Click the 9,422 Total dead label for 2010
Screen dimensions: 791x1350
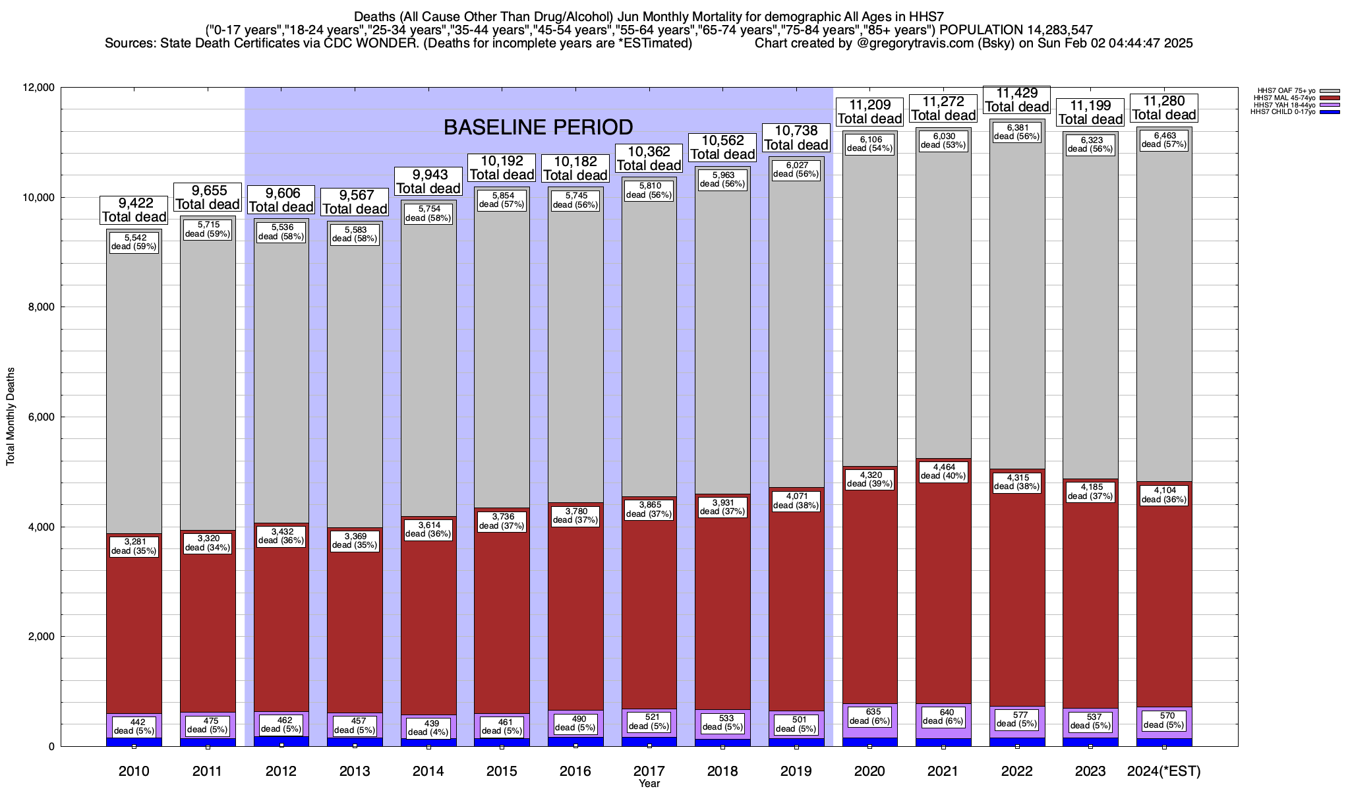134,210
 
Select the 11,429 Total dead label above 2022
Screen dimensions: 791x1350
1016,100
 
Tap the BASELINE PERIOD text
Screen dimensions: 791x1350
538,127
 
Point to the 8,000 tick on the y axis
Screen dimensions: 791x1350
38,307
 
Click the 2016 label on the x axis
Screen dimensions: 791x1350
575,771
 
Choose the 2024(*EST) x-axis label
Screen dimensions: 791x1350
1164,771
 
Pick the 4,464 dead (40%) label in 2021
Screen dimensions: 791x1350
943,471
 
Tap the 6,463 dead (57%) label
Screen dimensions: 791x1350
1164,140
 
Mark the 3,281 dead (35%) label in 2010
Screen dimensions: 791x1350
134,546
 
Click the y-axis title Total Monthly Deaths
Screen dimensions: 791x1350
11,417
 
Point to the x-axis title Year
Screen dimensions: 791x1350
649,783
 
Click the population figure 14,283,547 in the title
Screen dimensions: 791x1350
1051,30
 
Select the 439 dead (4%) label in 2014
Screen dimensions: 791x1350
428,727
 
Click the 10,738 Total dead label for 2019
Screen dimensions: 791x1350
796,138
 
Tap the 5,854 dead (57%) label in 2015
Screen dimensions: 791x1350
502,200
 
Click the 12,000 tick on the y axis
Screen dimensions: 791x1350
36,88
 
